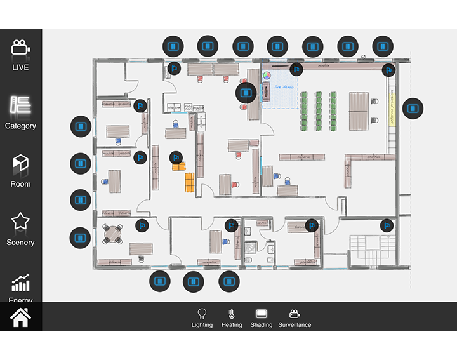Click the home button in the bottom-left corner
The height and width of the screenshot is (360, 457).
pyautogui.click(x=20, y=317)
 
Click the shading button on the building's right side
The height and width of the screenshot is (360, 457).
pyautogui.click(x=413, y=109)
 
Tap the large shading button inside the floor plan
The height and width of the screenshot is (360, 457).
pyautogui.click(x=246, y=93)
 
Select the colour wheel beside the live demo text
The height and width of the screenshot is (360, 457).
pyautogui.click(x=267, y=76)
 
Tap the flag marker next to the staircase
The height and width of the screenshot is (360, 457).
pyautogui.click(x=387, y=225)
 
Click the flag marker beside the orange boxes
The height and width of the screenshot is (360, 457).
pyautogui.click(x=176, y=157)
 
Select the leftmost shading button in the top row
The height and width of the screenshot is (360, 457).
pyautogui.click(x=173, y=46)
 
